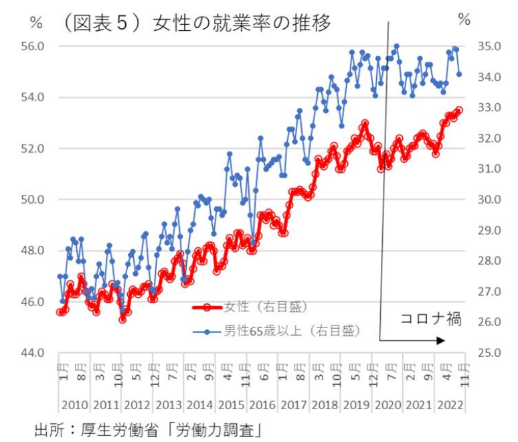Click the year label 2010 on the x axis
74,405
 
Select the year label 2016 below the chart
262,405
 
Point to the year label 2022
449,405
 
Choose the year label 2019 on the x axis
356,405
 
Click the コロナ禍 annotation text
431,319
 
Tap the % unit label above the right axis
464,20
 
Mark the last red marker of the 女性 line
458,110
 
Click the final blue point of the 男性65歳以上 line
459,74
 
